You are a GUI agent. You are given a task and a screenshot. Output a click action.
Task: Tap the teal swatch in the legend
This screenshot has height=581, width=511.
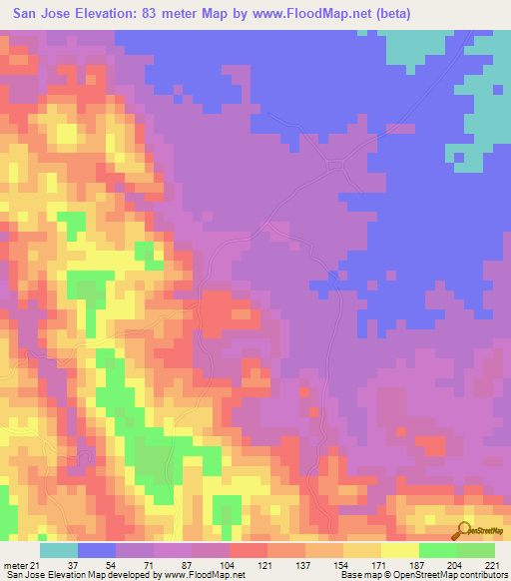pos(59,550)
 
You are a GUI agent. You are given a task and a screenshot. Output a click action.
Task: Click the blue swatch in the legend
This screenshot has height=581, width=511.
pos(97,550)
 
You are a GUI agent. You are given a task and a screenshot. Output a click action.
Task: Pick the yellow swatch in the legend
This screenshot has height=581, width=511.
pos(400,550)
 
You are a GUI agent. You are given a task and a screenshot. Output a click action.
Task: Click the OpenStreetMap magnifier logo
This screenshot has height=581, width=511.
pos(465,532)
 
